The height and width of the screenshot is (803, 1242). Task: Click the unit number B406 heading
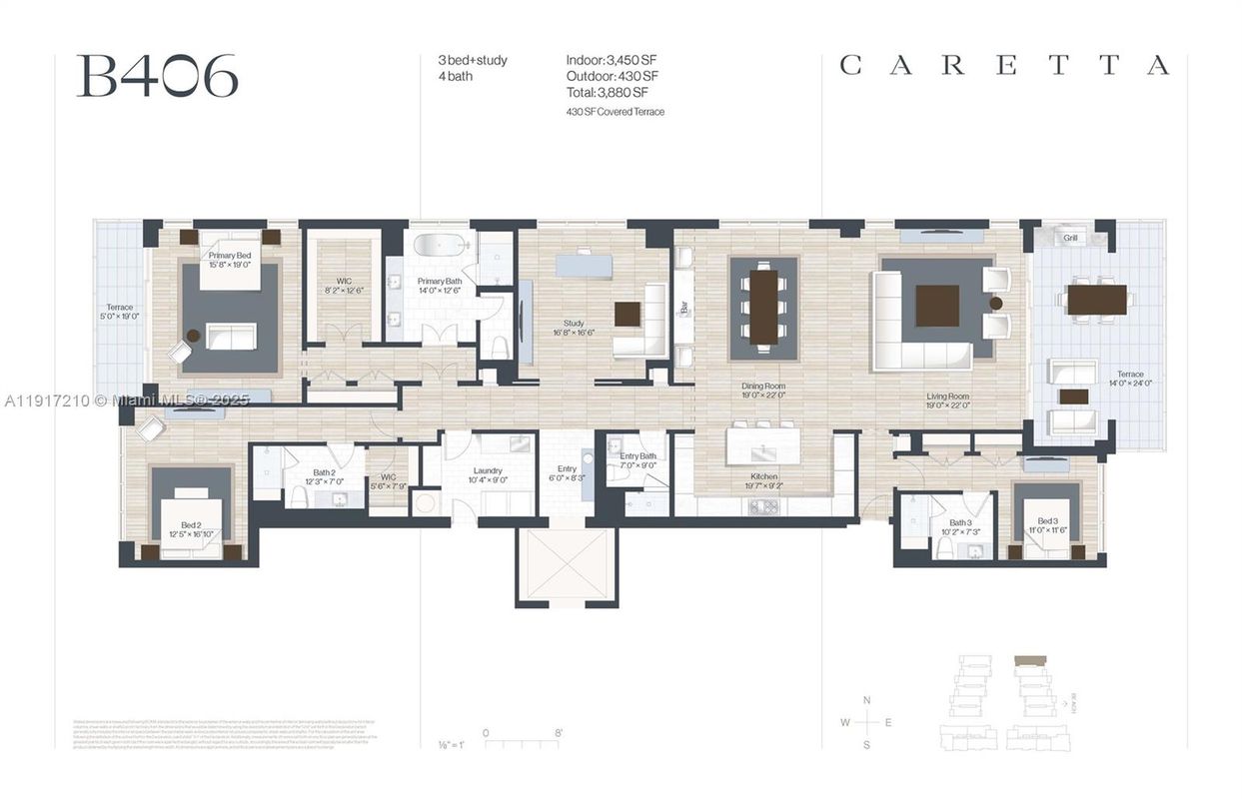coord(157,76)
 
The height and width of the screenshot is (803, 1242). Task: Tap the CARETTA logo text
coord(1003,66)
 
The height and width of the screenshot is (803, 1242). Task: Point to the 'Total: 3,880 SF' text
coord(612,93)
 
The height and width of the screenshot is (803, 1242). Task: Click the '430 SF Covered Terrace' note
coord(615,112)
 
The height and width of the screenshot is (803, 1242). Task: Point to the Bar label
coord(684,310)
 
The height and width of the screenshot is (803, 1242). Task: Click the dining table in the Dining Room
coord(763,308)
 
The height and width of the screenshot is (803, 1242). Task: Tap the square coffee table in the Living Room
coord(936,306)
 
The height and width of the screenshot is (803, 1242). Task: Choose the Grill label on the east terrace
coord(1070,239)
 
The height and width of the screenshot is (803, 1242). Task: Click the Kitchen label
coord(763,477)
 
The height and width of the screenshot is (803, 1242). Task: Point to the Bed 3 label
coord(1046,521)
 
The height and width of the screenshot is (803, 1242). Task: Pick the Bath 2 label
coord(324,472)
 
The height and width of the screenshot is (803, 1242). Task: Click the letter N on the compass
coord(866,700)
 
